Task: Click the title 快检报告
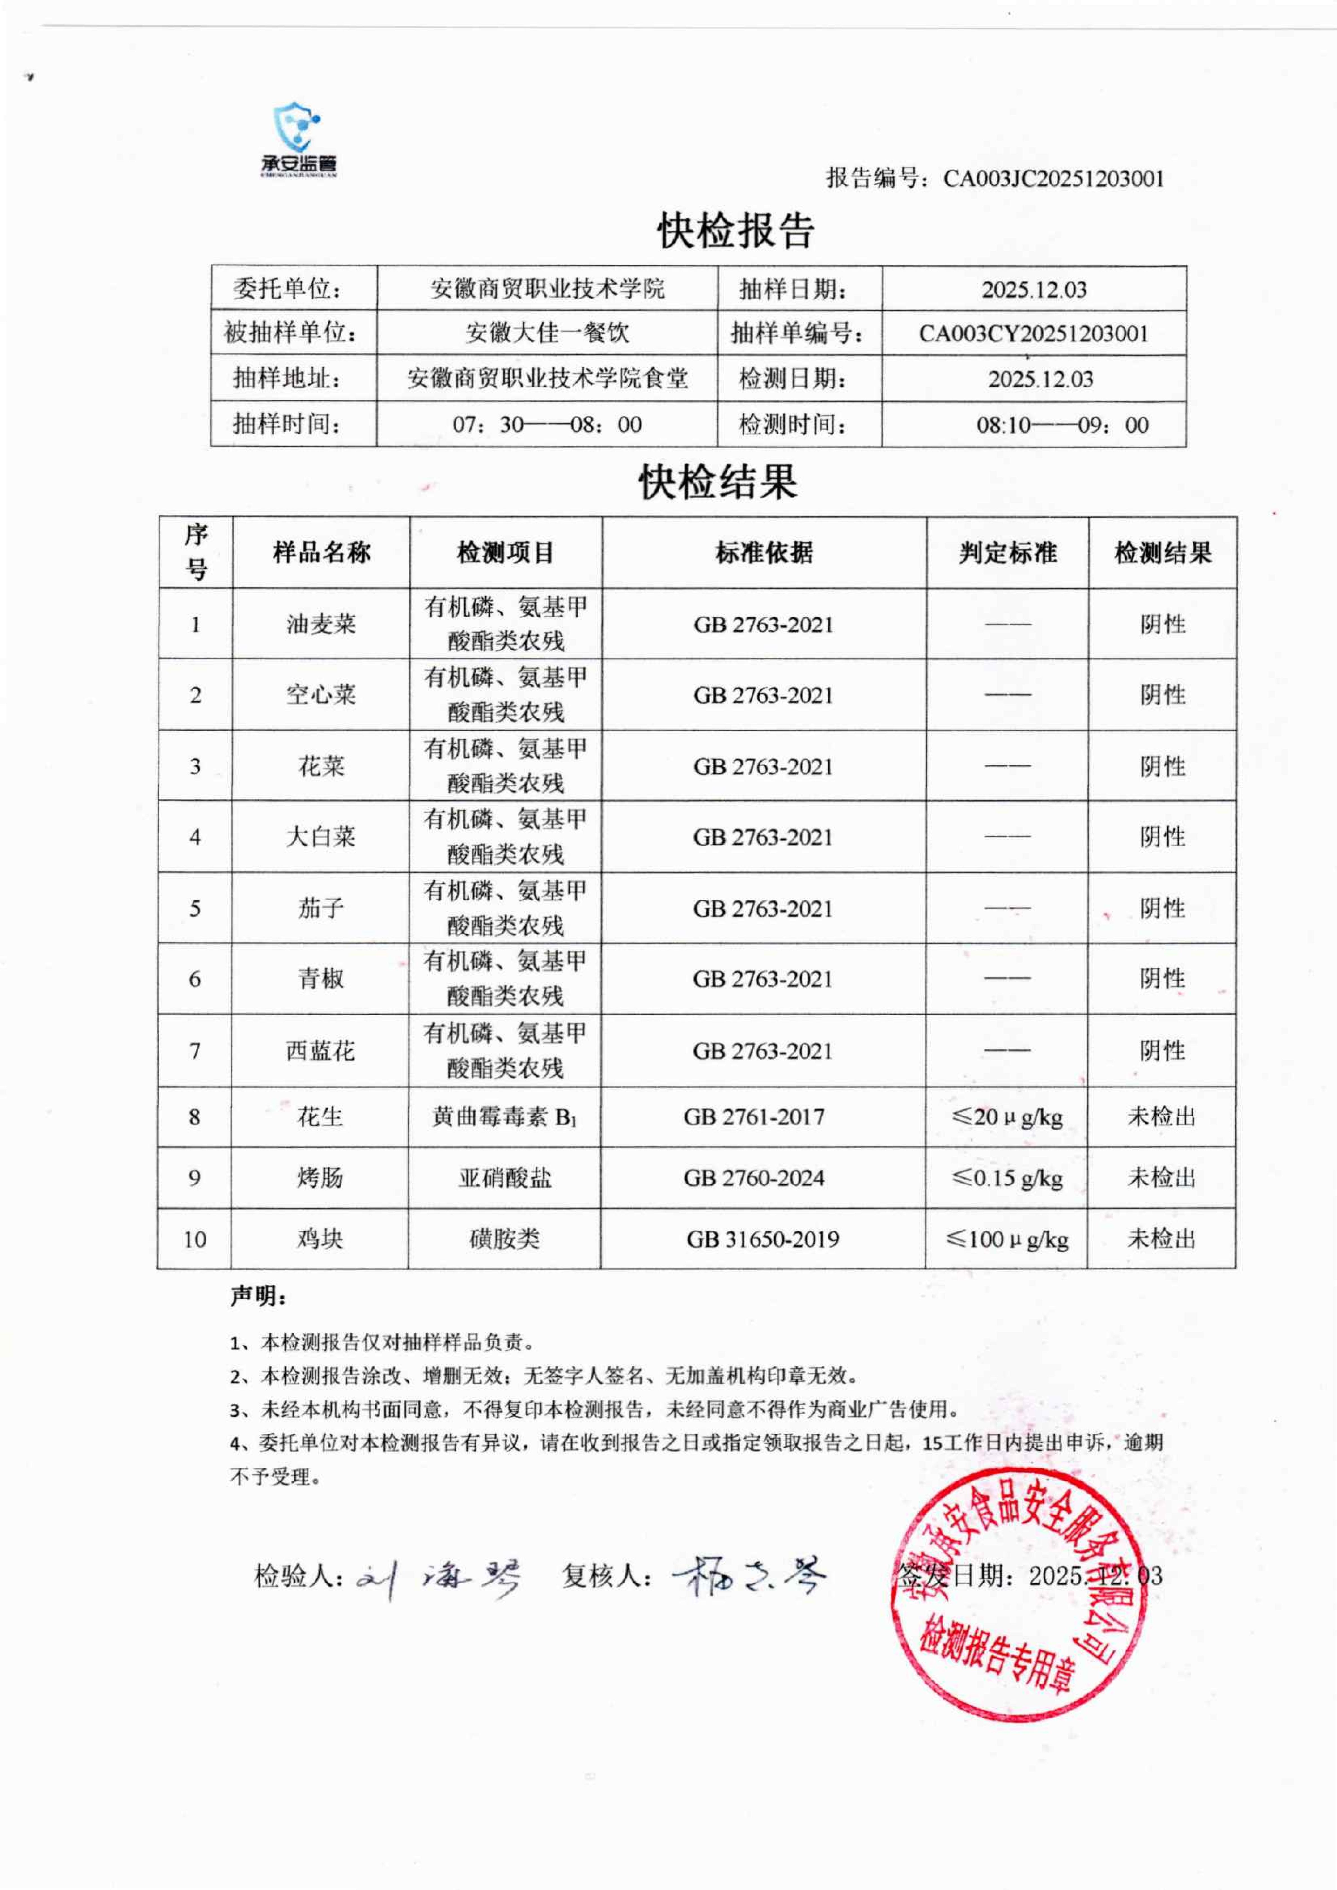click(x=735, y=230)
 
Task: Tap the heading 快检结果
click(x=718, y=481)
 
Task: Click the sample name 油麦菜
click(x=321, y=624)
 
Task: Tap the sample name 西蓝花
click(x=321, y=1050)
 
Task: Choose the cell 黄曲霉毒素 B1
click(x=505, y=1117)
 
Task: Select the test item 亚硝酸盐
click(x=505, y=1178)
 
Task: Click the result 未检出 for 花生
click(x=1161, y=1117)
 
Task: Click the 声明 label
click(x=258, y=1296)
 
